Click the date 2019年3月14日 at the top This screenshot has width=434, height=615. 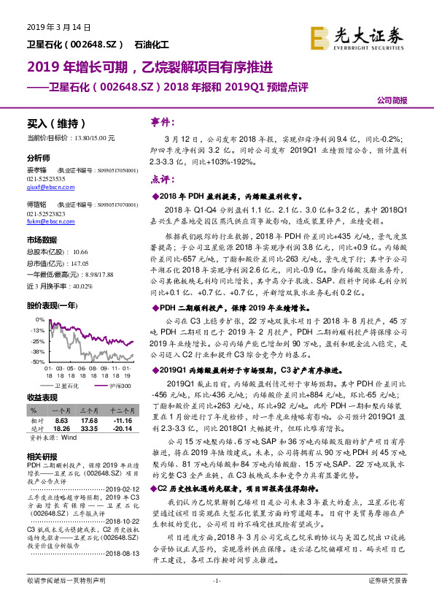[58, 27]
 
